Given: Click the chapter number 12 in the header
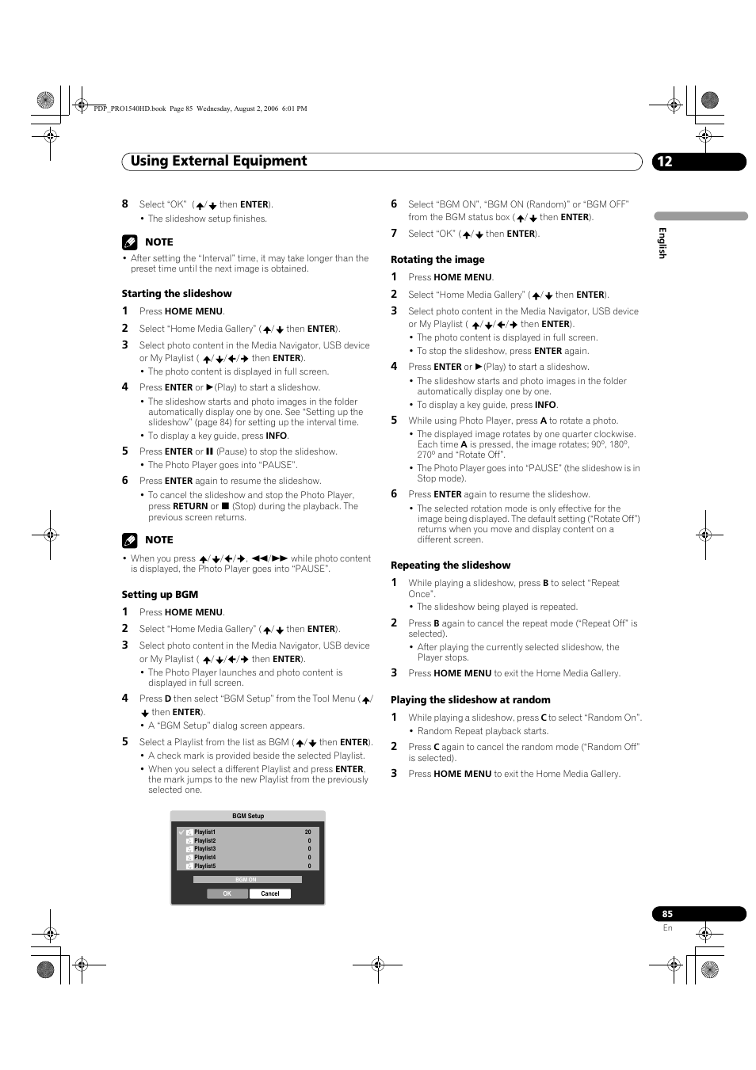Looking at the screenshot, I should pos(664,162).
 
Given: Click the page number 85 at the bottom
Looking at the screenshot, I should pos(667,914).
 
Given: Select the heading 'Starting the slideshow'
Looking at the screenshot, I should pos(177,294).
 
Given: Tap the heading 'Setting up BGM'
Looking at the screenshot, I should pos(160,595).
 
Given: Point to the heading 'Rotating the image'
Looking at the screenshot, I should pos(437,260).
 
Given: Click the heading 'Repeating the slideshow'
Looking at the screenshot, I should pos(450,565).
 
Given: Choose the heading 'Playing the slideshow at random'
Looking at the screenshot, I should pos(470,700).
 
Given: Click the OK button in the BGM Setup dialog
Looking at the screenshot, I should pos(227,893).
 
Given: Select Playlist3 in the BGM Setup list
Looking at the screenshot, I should pos(204,849).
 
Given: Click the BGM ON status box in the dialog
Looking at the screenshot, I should pos(246,879).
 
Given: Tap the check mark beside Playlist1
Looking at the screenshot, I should pos(181,832).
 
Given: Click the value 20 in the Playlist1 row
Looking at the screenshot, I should pos(308,832).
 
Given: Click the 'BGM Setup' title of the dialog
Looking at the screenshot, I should pos(248,816).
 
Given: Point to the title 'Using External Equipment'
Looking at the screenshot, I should pos(219,162).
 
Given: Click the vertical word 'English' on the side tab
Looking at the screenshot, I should pos(662,242).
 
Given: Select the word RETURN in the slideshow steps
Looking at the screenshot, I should pos(190,507).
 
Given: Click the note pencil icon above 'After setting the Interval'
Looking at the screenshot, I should pos(130,242).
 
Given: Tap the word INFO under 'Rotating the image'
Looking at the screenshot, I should pos(545,405).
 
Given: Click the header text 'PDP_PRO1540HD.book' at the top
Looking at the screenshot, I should pos(129,109).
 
